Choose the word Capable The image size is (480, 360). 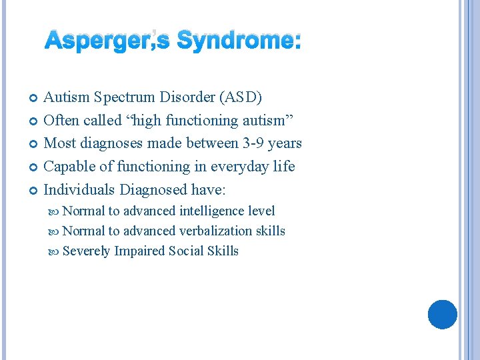68,166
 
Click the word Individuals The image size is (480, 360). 79,189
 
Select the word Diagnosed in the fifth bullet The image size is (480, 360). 153,189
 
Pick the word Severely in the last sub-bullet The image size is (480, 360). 86,251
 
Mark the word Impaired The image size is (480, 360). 140,251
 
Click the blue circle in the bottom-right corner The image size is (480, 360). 442,315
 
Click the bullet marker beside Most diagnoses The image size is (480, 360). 34,144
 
